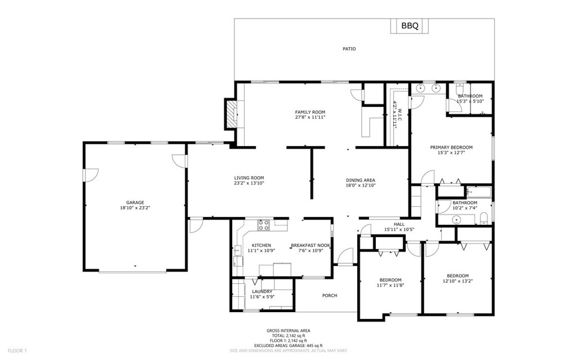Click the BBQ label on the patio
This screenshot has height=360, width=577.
click(x=410, y=26)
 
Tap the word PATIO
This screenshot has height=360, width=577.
click(x=349, y=48)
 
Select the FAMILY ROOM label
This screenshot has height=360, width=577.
click(x=310, y=112)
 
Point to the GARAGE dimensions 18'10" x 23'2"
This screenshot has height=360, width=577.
click(x=135, y=208)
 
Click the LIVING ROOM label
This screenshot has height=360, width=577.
click(x=249, y=178)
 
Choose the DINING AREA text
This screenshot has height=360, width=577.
click(x=361, y=180)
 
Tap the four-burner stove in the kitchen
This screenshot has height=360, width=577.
click(x=264, y=225)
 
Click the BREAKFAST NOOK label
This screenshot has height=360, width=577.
click(x=310, y=246)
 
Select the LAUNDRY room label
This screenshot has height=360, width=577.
click(x=263, y=291)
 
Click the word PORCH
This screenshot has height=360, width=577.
click(x=330, y=296)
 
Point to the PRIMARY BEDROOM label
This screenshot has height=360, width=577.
click(x=451, y=147)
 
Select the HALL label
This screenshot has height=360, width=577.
click(x=400, y=224)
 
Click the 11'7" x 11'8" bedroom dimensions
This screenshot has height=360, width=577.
click(x=391, y=285)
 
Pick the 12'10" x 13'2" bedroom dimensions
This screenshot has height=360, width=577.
click(x=458, y=281)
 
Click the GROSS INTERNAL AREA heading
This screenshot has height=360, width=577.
click(x=288, y=331)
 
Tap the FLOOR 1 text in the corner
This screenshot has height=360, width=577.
click(x=17, y=351)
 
